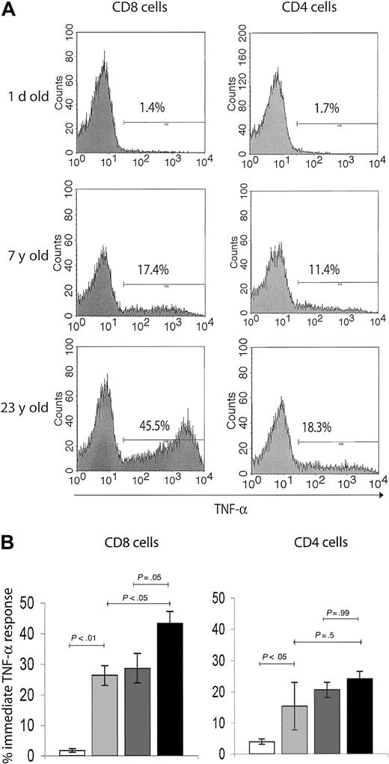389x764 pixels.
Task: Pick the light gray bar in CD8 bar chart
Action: coord(105,700)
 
